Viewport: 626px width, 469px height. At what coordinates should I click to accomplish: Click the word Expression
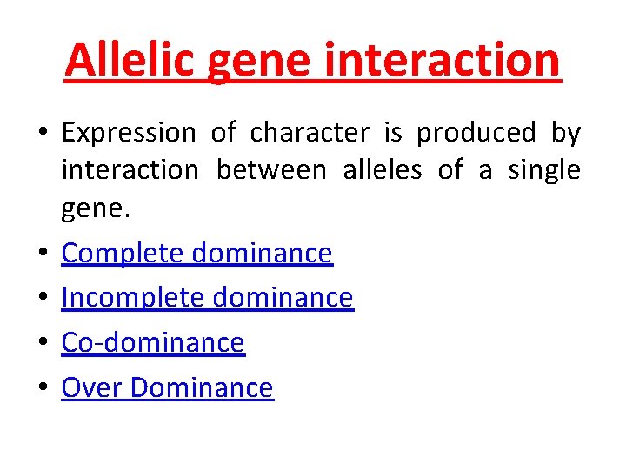point(129,134)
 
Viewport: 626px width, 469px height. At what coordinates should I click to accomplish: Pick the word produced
point(476,133)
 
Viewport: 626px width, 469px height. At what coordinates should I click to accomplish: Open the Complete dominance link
point(196,253)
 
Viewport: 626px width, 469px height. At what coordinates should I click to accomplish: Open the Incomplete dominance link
point(207,298)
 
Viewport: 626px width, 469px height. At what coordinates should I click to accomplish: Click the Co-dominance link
point(153,343)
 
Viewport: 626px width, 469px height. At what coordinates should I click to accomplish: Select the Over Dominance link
point(167,387)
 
